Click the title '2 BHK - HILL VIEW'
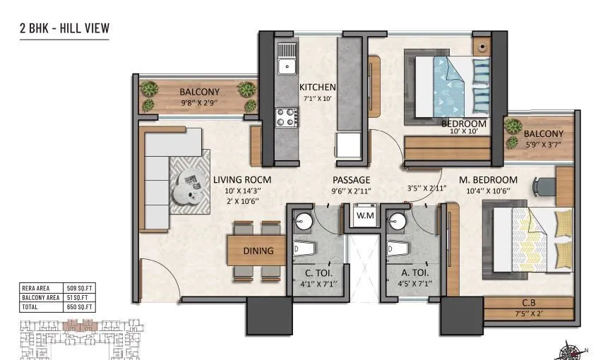[x=64, y=29]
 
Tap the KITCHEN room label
[x=317, y=88]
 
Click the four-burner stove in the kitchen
[x=286, y=116]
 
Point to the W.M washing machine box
[x=365, y=215]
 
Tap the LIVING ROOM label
[x=242, y=180]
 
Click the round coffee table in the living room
[x=188, y=187]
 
